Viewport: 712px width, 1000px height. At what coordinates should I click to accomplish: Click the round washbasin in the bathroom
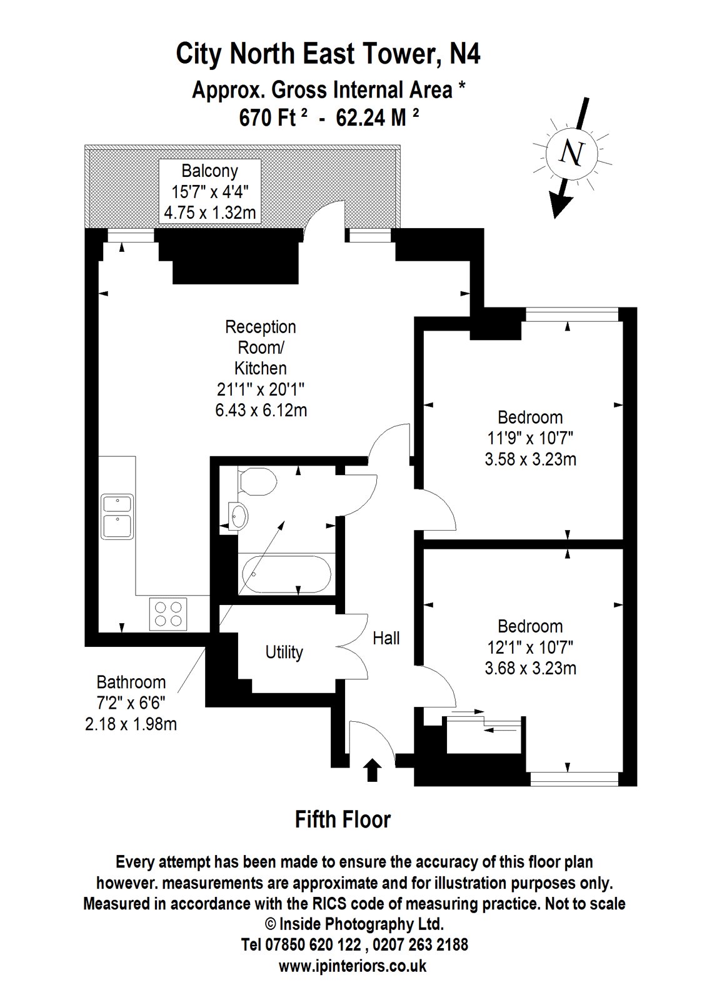[238, 517]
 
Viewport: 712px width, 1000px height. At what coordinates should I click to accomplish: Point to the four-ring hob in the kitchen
[168, 613]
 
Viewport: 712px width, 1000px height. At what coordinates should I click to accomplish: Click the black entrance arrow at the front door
[373, 769]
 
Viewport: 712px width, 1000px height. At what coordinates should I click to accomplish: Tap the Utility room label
[284, 652]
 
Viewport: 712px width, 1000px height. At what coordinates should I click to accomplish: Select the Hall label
[386, 638]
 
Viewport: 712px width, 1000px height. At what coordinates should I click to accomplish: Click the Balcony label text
[209, 171]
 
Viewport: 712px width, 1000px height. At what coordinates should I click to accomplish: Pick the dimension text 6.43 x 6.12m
[261, 411]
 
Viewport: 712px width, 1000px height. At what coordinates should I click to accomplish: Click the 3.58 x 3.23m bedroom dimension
[530, 459]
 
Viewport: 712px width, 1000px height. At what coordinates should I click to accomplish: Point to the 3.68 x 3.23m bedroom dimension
[530, 668]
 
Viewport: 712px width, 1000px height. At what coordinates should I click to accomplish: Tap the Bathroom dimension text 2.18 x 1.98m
[130, 724]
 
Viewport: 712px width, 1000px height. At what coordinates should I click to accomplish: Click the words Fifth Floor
[343, 819]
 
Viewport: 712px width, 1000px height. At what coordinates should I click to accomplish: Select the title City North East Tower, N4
[328, 54]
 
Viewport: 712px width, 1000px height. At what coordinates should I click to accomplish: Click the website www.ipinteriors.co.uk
[353, 966]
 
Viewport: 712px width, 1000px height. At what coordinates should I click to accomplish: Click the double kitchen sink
[118, 516]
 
